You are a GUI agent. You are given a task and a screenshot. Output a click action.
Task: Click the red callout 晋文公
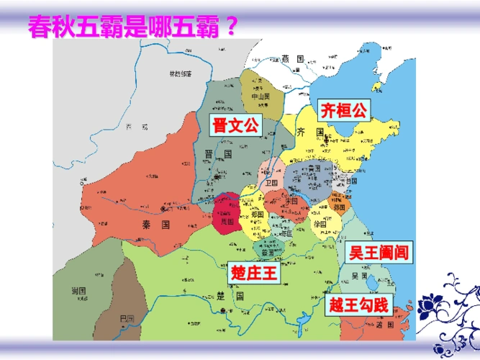click(x=234, y=126)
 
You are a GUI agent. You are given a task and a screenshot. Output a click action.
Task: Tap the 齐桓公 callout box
click(x=343, y=110)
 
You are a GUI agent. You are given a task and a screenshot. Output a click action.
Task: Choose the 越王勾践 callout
click(x=358, y=305)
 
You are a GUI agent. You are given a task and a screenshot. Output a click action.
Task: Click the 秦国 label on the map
click(x=155, y=225)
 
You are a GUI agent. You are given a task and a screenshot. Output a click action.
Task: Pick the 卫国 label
click(x=271, y=184)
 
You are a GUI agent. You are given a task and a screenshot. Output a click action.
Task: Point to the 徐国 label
click(x=320, y=225)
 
